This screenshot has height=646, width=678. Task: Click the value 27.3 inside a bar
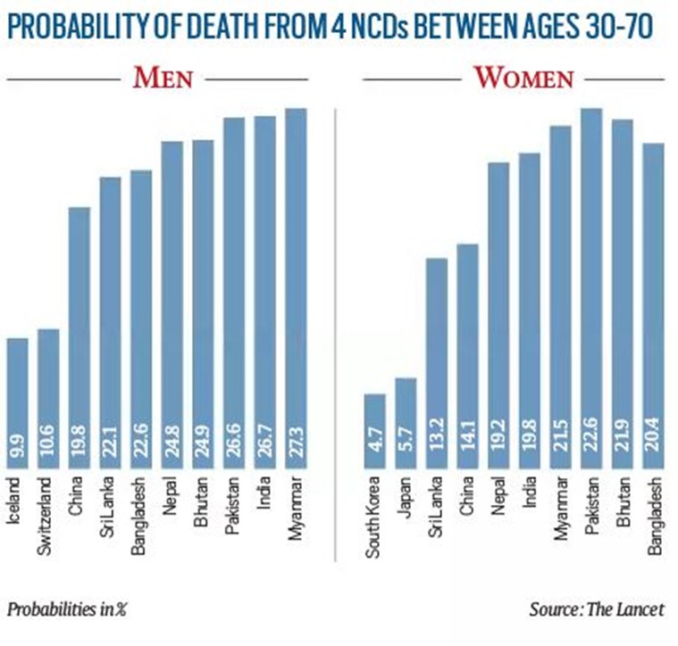297,450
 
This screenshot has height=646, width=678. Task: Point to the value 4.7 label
375,451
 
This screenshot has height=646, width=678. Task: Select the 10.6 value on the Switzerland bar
49,450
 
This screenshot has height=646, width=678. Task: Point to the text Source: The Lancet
597,609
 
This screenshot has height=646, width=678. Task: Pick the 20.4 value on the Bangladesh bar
654,450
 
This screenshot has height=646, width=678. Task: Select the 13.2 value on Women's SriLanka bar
437,450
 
